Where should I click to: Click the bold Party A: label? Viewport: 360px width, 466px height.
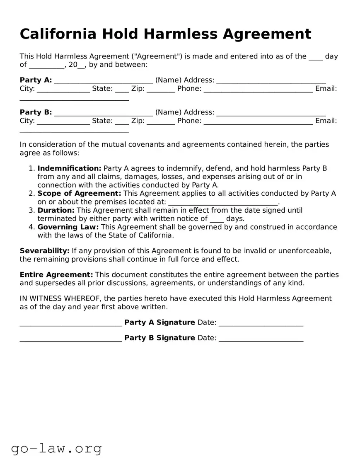point(36,80)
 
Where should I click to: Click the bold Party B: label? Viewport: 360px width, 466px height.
point(36,112)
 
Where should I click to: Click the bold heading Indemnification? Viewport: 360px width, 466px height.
point(69,168)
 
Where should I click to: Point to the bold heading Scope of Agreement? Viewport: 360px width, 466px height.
point(79,194)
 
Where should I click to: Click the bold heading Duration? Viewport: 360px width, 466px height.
point(56,211)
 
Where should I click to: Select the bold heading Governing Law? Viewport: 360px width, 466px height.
point(68,227)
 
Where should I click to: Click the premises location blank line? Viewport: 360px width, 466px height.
point(223,203)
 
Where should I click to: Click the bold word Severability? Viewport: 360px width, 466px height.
point(44,251)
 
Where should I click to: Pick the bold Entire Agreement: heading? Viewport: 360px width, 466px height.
point(56,275)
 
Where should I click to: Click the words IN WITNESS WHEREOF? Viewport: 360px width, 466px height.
point(60,299)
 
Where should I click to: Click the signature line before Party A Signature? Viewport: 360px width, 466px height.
point(71,323)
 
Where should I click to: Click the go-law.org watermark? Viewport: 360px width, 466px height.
point(56,448)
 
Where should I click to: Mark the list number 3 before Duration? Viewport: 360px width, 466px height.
point(31,211)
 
